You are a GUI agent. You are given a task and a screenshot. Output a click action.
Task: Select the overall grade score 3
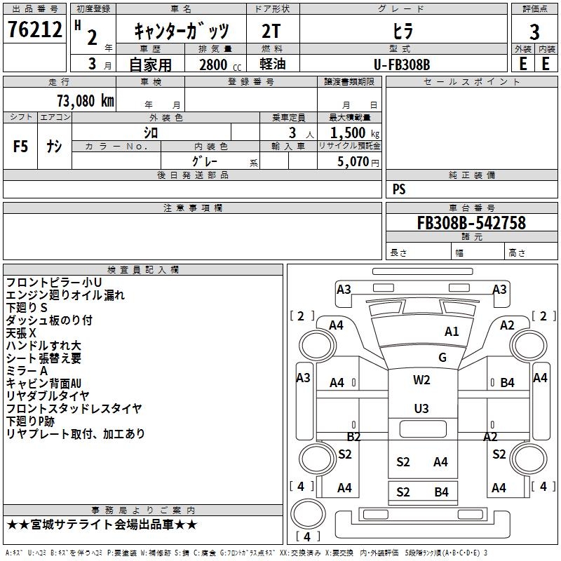tap(534, 32)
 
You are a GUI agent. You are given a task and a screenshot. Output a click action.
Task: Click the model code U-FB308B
tap(402, 65)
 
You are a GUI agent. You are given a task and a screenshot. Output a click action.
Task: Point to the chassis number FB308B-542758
tap(471, 223)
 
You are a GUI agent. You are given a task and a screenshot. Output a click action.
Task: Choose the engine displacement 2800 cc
tap(218, 65)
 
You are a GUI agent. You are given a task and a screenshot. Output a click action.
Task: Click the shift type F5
tap(21, 147)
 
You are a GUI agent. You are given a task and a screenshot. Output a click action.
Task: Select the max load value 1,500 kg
tap(352, 133)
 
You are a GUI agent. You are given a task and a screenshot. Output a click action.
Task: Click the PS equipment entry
tap(399, 189)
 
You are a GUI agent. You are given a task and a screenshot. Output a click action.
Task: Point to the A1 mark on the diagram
tap(452, 332)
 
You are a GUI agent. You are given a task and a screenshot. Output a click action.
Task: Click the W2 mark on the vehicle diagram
tap(421, 380)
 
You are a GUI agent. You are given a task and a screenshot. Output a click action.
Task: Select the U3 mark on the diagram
tap(421, 408)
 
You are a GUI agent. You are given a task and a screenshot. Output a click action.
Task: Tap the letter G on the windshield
tap(442, 358)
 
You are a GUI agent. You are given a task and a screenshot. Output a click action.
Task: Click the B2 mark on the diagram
tap(353, 437)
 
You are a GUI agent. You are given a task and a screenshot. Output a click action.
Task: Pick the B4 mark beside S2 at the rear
tap(440, 492)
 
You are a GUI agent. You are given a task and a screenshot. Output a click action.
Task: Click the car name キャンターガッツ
tap(182, 32)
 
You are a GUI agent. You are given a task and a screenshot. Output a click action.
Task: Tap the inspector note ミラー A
tap(27, 371)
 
